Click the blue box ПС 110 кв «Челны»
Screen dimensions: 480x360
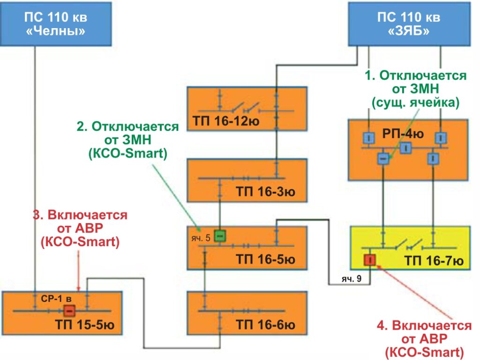[x=56, y=24]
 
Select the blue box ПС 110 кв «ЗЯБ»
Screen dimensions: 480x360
[x=409, y=24]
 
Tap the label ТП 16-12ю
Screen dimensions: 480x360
[x=226, y=121]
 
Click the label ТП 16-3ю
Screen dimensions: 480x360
[x=266, y=192]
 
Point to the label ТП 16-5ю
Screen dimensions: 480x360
[x=266, y=260]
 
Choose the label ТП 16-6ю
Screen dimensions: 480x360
[x=266, y=325]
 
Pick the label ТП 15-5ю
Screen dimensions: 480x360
[x=85, y=325]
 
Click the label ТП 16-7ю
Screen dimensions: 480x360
[x=434, y=261]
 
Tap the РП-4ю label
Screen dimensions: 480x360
[x=403, y=134]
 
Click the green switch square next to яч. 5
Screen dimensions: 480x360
[x=220, y=236]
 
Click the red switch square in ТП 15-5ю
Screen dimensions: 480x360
[x=69, y=311]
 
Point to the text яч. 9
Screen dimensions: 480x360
[x=352, y=278]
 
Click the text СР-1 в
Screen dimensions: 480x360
[x=56, y=299]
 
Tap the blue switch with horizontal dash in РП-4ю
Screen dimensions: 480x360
[x=383, y=158]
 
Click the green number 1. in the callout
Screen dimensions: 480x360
[x=370, y=75]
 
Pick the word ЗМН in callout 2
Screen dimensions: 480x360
[x=137, y=140]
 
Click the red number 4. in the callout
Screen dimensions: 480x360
[x=382, y=325]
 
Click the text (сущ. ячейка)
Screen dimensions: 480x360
[x=416, y=103]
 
